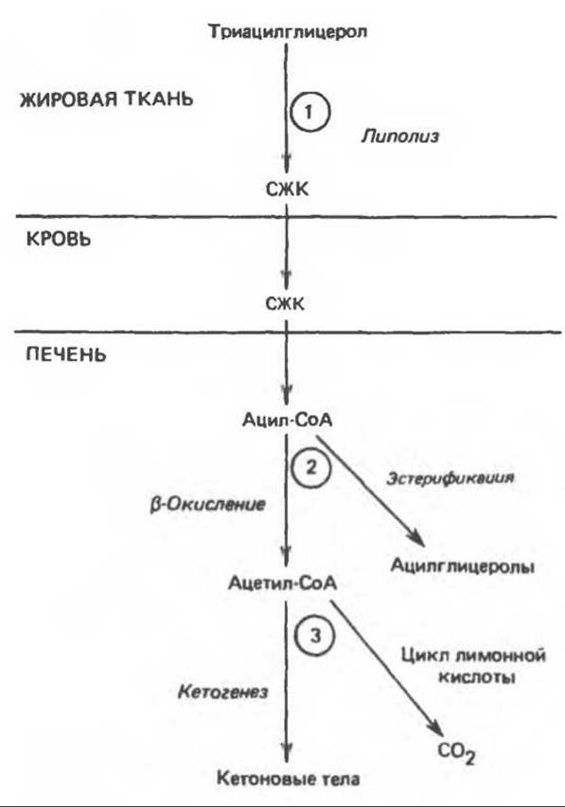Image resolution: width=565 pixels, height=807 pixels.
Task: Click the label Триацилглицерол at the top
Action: pos(288,32)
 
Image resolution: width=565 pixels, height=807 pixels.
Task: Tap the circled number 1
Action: pos(309,112)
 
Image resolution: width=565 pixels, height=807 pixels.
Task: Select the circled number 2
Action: pos(311,468)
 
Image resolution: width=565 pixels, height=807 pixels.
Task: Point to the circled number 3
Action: pos(315,636)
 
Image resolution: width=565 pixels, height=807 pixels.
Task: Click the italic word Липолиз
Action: pos(400,136)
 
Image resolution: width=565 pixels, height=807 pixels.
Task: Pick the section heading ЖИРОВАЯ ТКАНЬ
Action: pos(106,99)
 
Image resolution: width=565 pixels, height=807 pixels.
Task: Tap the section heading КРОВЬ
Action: pos(58,239)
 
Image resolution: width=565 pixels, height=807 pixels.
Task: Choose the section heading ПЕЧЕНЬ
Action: pos(66,354)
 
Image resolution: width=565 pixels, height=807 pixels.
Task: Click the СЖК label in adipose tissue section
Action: pos(288,189)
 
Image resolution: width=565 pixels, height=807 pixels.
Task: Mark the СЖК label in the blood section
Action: pos(285,304)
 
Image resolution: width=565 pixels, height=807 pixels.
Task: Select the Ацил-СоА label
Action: pos(288,421)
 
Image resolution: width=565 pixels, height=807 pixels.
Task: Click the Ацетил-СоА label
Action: pos(282,583)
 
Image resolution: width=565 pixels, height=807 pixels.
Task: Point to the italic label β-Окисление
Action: pos(207,504)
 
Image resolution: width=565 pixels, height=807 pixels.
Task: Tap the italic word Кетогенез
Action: pos(222,691)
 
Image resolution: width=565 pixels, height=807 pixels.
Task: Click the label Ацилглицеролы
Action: pos(463,566)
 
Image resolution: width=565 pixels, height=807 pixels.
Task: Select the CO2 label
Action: pos(456,752)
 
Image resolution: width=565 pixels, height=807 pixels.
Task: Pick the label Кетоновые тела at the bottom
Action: pos(288,779)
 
